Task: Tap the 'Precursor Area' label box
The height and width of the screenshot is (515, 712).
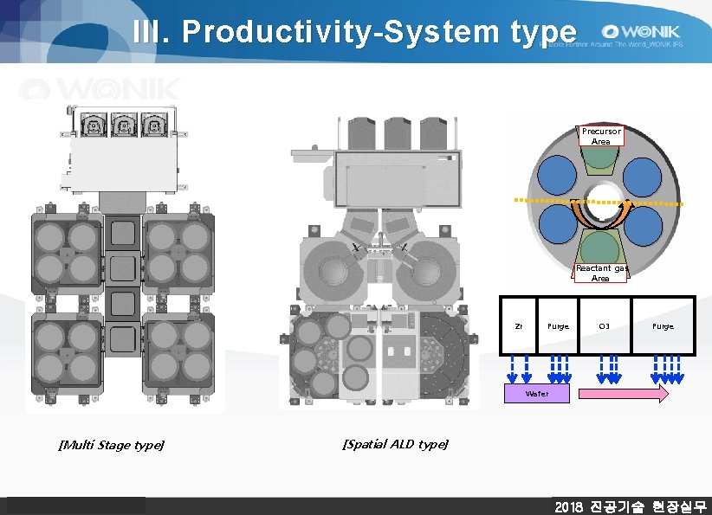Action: pyautogui.click(x=601, y=136)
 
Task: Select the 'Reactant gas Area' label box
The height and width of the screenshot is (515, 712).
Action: pyautogui.click(x=600, y=274)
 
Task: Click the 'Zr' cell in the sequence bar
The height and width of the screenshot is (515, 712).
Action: pyautogui.click(x=518, y=326)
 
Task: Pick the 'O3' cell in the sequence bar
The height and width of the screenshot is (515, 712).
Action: pyautogui.click(x=605, y=326)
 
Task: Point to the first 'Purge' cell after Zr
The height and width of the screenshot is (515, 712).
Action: pyautogui.click(x=558, y=326)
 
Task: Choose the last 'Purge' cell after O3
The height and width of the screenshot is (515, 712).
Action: pyautogui.click(x=663, y=326)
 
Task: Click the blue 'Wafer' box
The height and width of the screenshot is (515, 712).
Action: pyautogui.click(x=536, y=394)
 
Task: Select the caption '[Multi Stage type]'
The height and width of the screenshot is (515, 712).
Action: pyautogui.click(x=111, y=445)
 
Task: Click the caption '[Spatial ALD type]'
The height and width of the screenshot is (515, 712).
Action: pyautogui.click(x=395, y=444)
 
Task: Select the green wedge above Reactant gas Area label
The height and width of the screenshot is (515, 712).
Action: pyautogui.click(x=601, y=245)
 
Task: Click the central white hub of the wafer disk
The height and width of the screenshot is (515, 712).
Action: pyautogui.click(x=600, y=202)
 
